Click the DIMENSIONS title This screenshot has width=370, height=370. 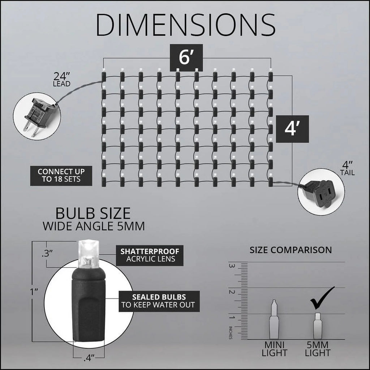pyautogui.click(x=186, y=25)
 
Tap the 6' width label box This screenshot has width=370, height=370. pyautogui.click(x=186, y=57)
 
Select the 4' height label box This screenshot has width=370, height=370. pyautogui.click(x=292, y=129)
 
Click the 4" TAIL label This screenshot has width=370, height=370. pyautogui.click(x=347, y=168)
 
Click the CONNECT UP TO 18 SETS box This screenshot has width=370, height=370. pyautogui.click(x=61, y=176)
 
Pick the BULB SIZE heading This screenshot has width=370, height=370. pyautogui.click(x=93, y=213)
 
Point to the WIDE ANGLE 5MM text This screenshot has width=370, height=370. pyautogui.click(x=94, y=226)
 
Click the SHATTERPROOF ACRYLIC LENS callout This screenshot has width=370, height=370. pyautogui.click(x=150, y=255)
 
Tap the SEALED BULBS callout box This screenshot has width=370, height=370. pyautogui.click(x=159, y=301)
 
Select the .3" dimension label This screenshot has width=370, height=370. pyautogui.click(x=47, y=253)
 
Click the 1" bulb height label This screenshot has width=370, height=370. pyautogui.click(x=34, y=292)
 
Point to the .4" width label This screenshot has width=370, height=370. pyautogui.click(x=89, y=358)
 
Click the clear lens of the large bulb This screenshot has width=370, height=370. pyautogui.click(x=88, y=254)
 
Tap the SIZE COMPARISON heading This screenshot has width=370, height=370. pyautogui.click(x=291, y=250)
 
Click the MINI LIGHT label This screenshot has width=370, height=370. pyautogui.click(x=274, y=349)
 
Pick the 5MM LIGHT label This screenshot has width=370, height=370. pyautogui.click(x=317, y=349)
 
